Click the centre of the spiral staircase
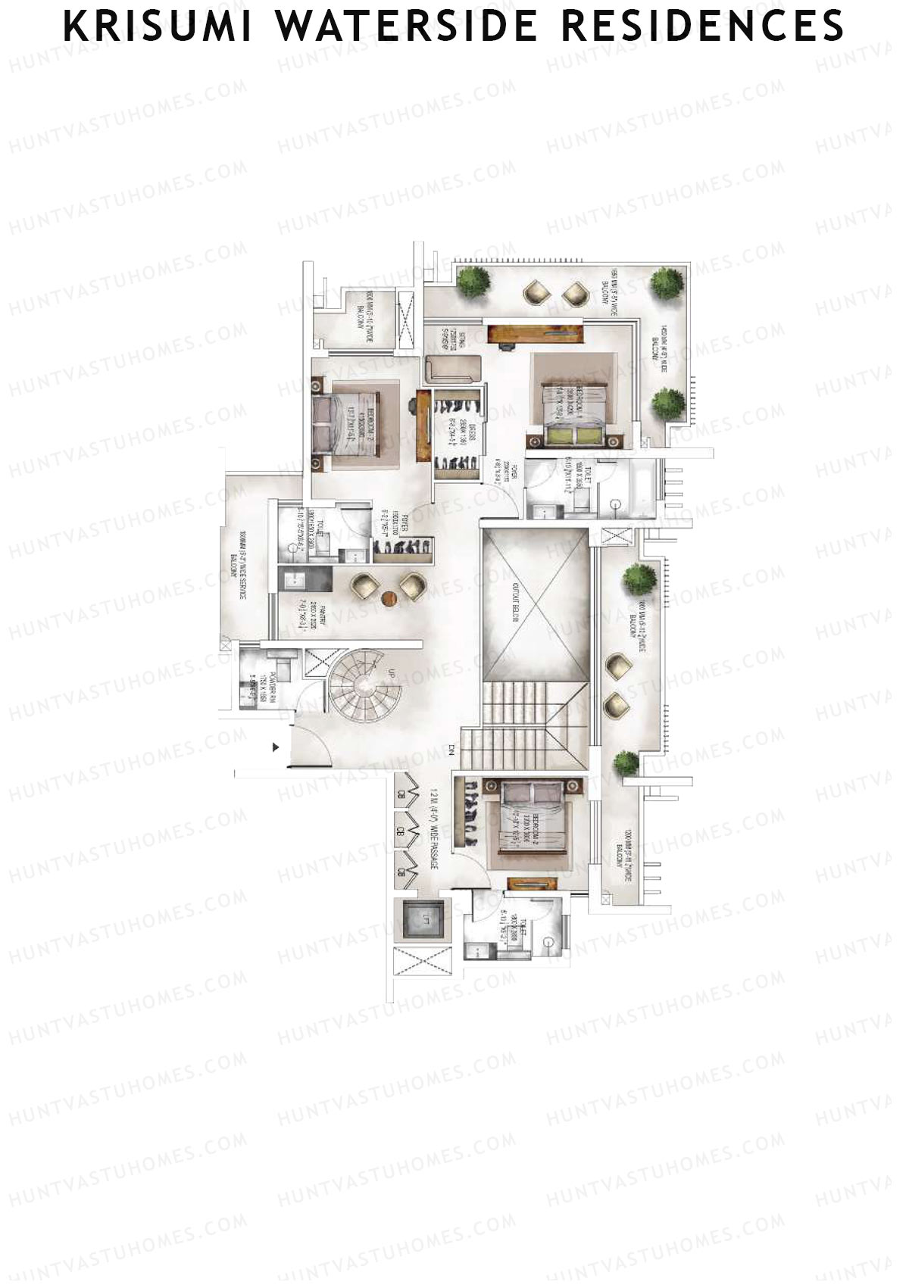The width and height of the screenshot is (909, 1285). coord(362,684)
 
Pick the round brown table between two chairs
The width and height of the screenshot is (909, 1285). coord(390,598)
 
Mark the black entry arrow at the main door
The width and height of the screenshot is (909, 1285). coord(276,747)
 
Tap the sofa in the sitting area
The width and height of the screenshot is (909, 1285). coord(453,369)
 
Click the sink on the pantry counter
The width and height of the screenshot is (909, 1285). coord(293,581)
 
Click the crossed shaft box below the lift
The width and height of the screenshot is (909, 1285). coord(421,965)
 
